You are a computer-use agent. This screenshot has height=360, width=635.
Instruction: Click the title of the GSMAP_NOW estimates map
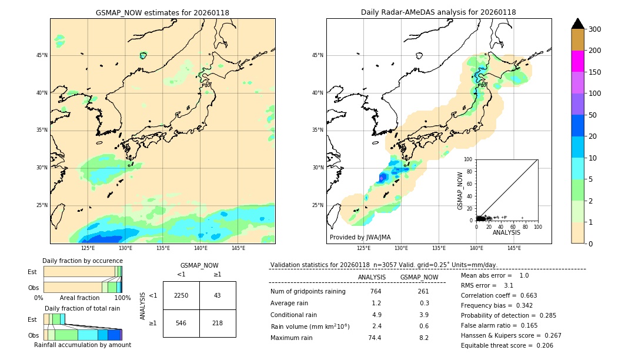[162, 12]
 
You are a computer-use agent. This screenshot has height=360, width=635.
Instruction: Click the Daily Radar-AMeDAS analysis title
[438, 12]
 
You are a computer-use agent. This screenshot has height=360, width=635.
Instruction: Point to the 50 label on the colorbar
[594, 115]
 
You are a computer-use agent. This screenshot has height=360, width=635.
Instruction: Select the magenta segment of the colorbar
[577, 61]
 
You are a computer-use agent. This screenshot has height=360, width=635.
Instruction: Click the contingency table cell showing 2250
[181, 295]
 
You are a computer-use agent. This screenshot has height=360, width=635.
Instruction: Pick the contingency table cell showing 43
[218, 295]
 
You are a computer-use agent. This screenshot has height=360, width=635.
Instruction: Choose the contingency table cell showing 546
[181, 323]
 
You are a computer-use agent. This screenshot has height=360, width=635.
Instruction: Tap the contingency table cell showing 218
[218, 323]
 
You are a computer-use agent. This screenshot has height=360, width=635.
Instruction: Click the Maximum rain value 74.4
[375, 338]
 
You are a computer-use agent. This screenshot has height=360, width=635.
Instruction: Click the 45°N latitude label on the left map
[42, 55]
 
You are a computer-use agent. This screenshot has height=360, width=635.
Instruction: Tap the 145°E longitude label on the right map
[514, 248]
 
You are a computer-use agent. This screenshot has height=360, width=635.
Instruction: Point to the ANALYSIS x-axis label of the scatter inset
[506, 233]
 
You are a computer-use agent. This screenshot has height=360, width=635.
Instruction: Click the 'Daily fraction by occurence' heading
[81, 261]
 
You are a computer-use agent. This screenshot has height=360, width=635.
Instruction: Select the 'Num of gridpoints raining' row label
[308, 292]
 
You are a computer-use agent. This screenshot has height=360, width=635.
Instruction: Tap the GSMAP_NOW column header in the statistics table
[419, 277]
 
